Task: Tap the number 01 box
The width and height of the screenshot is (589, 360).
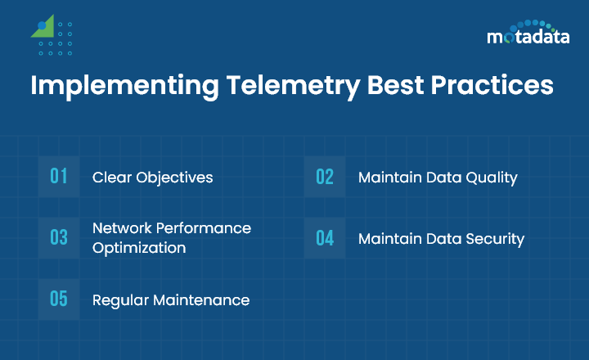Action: coord(59,176)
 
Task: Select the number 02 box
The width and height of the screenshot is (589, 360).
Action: coord(325,176)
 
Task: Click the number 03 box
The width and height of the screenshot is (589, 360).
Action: coord(59,237)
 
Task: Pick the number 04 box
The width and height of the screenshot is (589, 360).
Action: coord(325,238)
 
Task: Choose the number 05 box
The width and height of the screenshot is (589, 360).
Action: coord(59,299)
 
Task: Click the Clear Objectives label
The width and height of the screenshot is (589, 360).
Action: coord(152,177)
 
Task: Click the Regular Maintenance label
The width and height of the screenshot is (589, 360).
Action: coord(170,300)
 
